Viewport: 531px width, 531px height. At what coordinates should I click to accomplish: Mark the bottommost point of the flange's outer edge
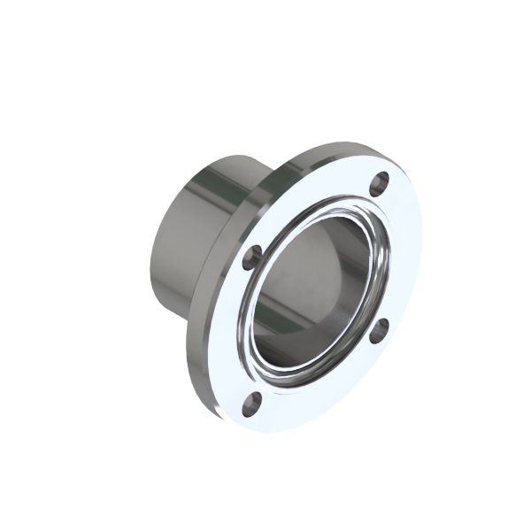[x=265, y=433]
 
